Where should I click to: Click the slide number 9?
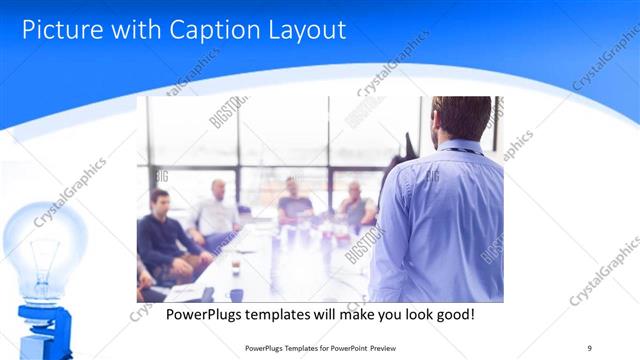coord(589,347)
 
